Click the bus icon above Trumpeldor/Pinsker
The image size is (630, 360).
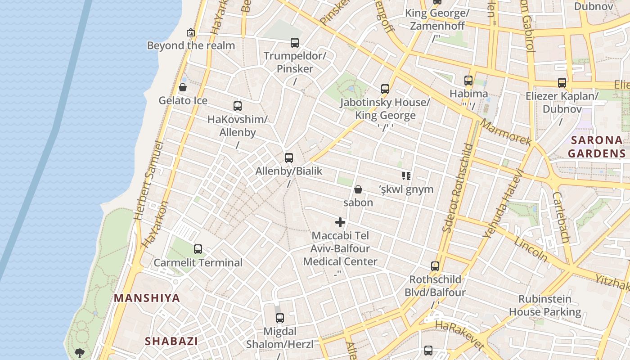tap(295, 43)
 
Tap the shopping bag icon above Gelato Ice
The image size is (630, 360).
tap(183, 87)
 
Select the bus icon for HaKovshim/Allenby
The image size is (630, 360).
tap(238, 106)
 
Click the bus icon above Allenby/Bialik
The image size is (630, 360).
tap(289, 158)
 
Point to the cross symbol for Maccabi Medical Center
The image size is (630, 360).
tap(340, 222)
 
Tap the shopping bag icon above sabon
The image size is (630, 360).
tap(358, 189)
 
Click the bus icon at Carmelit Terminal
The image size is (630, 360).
tap(198, 249)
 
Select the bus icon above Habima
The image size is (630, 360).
tap(468, 81)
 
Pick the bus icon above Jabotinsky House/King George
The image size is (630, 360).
tap(385, 89)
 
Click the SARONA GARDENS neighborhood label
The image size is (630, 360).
tap(596, 147)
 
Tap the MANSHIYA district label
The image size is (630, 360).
tap(147, 298)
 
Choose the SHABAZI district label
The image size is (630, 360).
tap(171, 341)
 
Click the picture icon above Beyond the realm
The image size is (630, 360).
tap(191, 32)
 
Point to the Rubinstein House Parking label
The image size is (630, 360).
tap(545, 306)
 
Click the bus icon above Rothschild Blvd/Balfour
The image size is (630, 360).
tap(435, 266)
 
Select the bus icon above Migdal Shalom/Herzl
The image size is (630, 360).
tap(280, 318)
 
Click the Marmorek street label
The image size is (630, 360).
tap(506, 132)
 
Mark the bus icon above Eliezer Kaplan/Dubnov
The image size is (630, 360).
tap(562, 83)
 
